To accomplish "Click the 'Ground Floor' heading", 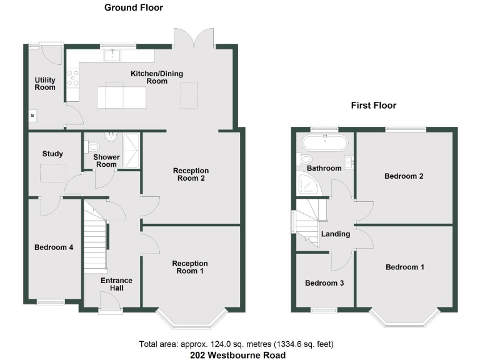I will tap(133, 8).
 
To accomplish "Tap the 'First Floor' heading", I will tap(373, 106).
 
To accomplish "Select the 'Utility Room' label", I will tap(45, 84).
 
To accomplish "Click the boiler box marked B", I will tap(33, 116).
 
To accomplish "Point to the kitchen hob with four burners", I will tap(72, 77).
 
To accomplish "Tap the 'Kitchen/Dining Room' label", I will tap(156, 77).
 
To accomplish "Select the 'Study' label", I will tap(53, 154).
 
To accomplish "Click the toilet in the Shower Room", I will tap(94, 147).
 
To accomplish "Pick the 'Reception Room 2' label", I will tap(191, 174).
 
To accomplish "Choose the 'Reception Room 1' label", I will tap(191, 267).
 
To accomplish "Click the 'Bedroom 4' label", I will tap(54, 247).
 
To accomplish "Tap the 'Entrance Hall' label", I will tap(117, 284).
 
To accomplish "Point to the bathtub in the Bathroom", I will tap(324, 143).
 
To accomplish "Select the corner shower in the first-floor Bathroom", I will tap(308, 182).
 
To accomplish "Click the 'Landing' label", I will tap(336, 234).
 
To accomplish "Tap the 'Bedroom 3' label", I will tap(324, 283).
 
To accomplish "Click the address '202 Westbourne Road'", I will tap(238, 355).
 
